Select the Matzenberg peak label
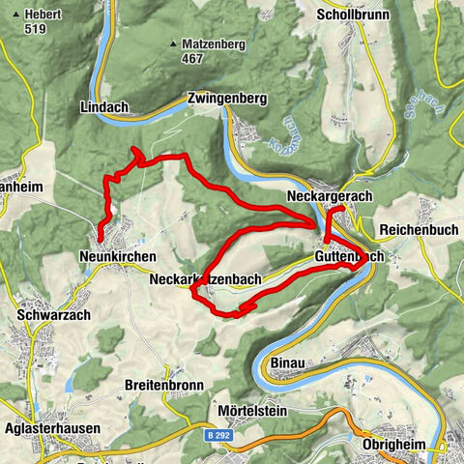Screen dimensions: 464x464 [215, 43]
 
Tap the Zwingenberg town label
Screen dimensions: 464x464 [226, 98]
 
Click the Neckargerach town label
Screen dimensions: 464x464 [329, 196]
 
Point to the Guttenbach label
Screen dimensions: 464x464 [349, 256]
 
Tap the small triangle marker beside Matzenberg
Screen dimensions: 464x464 [173, 43]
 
